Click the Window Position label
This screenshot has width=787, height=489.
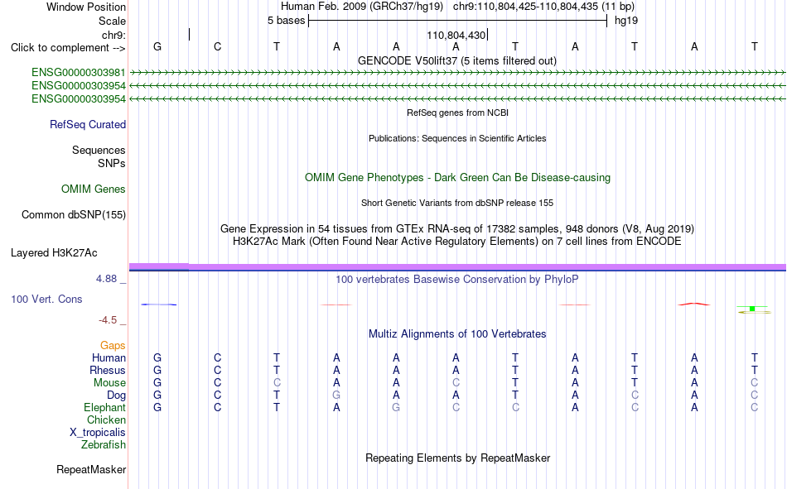point(86,7)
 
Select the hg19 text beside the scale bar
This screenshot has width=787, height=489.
point(626,21)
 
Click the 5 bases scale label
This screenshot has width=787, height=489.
point(286,21)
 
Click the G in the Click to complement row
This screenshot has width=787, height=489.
point(157,46)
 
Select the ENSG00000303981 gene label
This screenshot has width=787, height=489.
point(79,73)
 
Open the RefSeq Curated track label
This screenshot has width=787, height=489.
point(88,124)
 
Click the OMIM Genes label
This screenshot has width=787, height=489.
point(94,189)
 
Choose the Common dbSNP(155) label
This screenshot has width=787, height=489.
point(74,214)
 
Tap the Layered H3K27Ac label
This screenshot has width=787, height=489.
point(54,253)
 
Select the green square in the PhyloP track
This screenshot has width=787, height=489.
point(752,309)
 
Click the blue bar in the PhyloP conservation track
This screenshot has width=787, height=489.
point(158,304)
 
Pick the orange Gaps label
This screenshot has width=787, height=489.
point(113,346)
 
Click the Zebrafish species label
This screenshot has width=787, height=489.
point(104,445)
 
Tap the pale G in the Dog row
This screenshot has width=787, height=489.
point(336,396)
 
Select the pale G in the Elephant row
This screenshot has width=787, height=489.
point(396,408)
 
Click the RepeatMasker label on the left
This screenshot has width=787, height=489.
point(91,470)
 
